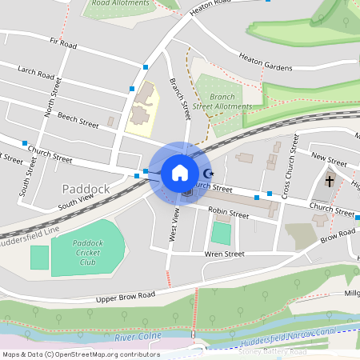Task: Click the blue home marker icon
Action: pyautogui.click(x=180, y=172)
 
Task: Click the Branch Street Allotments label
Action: pyautogui.click(x=222, y=101)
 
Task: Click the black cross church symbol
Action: pyautogui.click(x=329, y=181)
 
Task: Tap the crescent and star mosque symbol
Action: pyautogui.click(x=210, y=173)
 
